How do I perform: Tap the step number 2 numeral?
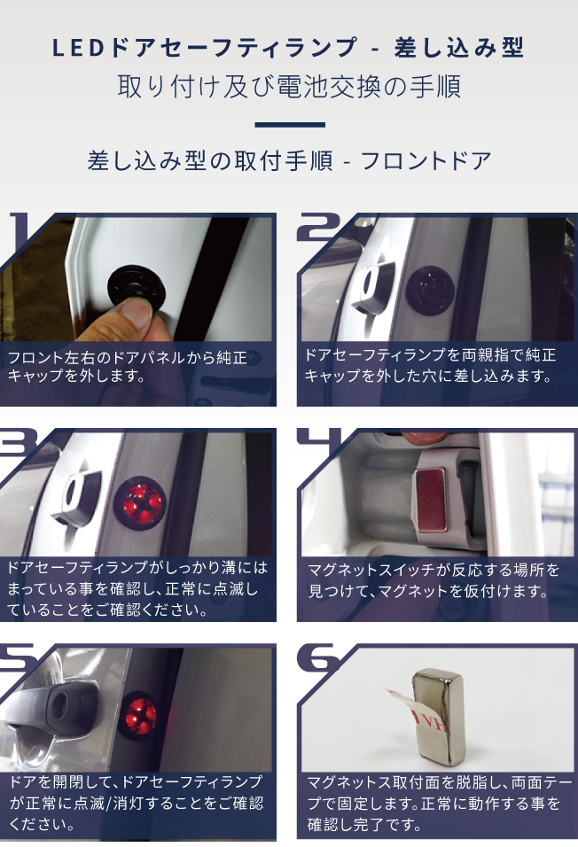coord(319,227)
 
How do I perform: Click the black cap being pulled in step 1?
coord(134,286)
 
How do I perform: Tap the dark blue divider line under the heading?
coord(290,125)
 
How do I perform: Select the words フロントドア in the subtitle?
coord(426,161)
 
